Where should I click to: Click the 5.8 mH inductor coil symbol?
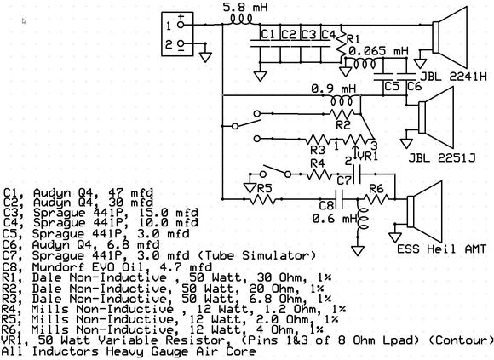pos(242,20)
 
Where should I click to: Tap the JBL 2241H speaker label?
pos(454,77)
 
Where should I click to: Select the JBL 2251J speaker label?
pos(442,157)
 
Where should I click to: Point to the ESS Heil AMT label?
pos(441,249)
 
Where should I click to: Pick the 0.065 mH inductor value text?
pos(378,51)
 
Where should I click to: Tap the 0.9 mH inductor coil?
pos(342,100)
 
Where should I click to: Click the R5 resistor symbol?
pos(261,199)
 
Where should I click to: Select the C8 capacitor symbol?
pos(339,199)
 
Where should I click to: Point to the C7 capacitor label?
pos(344,180)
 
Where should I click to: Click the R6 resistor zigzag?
pos(376,199)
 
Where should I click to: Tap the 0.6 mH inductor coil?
pos(362,220)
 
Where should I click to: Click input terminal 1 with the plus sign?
pos(181,25)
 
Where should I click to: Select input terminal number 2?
pos(181,43)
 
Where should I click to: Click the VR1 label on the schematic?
pos(368,156)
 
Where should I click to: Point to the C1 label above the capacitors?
pos(268,34)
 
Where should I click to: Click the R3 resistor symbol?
pos(318,139)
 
